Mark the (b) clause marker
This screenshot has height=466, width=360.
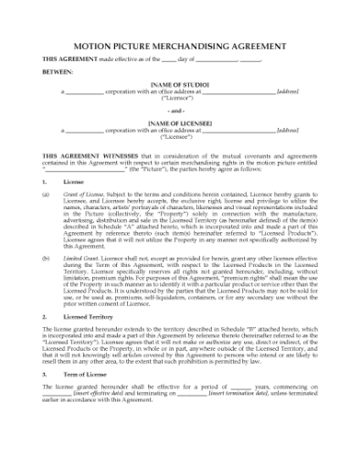47,259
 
